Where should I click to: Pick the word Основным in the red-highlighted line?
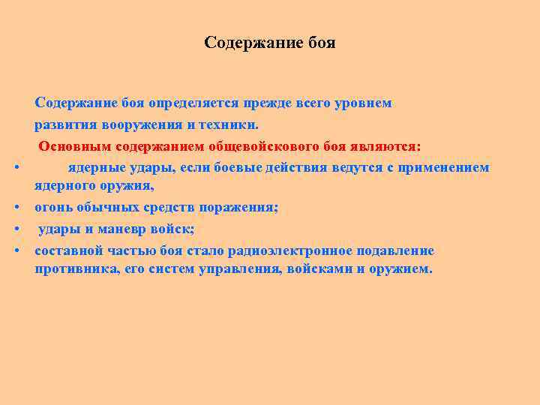(73, 145)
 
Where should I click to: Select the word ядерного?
(64, 186)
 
